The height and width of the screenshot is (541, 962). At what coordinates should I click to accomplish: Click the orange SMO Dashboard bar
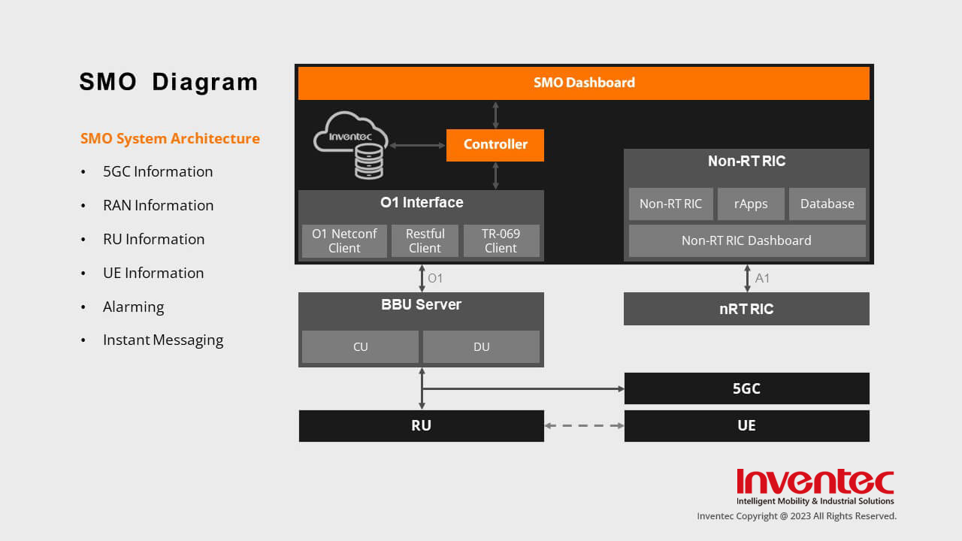click(x=584, y=83)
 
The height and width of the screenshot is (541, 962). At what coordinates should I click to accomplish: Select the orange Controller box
click(x=495, y=144)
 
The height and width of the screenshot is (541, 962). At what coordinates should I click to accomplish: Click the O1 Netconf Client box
click(x=344, y=240)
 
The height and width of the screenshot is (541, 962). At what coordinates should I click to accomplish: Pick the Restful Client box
click(x=425, y=240)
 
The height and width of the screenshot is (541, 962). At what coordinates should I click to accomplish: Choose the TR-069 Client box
click(x=501, y=240)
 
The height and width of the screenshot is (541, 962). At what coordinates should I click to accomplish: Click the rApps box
click(x=751, y=204)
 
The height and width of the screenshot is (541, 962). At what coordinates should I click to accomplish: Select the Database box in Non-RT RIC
click(x=827, y=204)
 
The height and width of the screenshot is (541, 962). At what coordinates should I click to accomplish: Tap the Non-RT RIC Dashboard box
click(x=746, y=240)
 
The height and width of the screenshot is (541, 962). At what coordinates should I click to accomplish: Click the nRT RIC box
click(x=746, y=309)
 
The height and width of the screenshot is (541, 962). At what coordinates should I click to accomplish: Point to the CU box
click(x=360, y=346)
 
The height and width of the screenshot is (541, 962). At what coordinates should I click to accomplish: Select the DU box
click(x=481, y=346)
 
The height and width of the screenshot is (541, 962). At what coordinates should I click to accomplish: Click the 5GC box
click(x=746, y=388)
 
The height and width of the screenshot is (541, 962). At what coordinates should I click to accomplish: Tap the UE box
click(x=746, y=425)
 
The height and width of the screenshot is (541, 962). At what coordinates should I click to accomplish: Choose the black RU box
click(x=421, y=425)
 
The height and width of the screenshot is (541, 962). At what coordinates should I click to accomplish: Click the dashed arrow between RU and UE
click(x=584, y=425)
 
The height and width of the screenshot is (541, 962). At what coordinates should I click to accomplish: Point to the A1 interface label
click(x=762, y=278)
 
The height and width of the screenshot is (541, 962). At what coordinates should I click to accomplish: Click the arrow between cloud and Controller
click(x=417, y=145)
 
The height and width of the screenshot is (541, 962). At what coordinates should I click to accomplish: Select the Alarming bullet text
click(x=133, y=307)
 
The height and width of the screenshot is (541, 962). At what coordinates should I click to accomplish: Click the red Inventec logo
click(x=815, y=482)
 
